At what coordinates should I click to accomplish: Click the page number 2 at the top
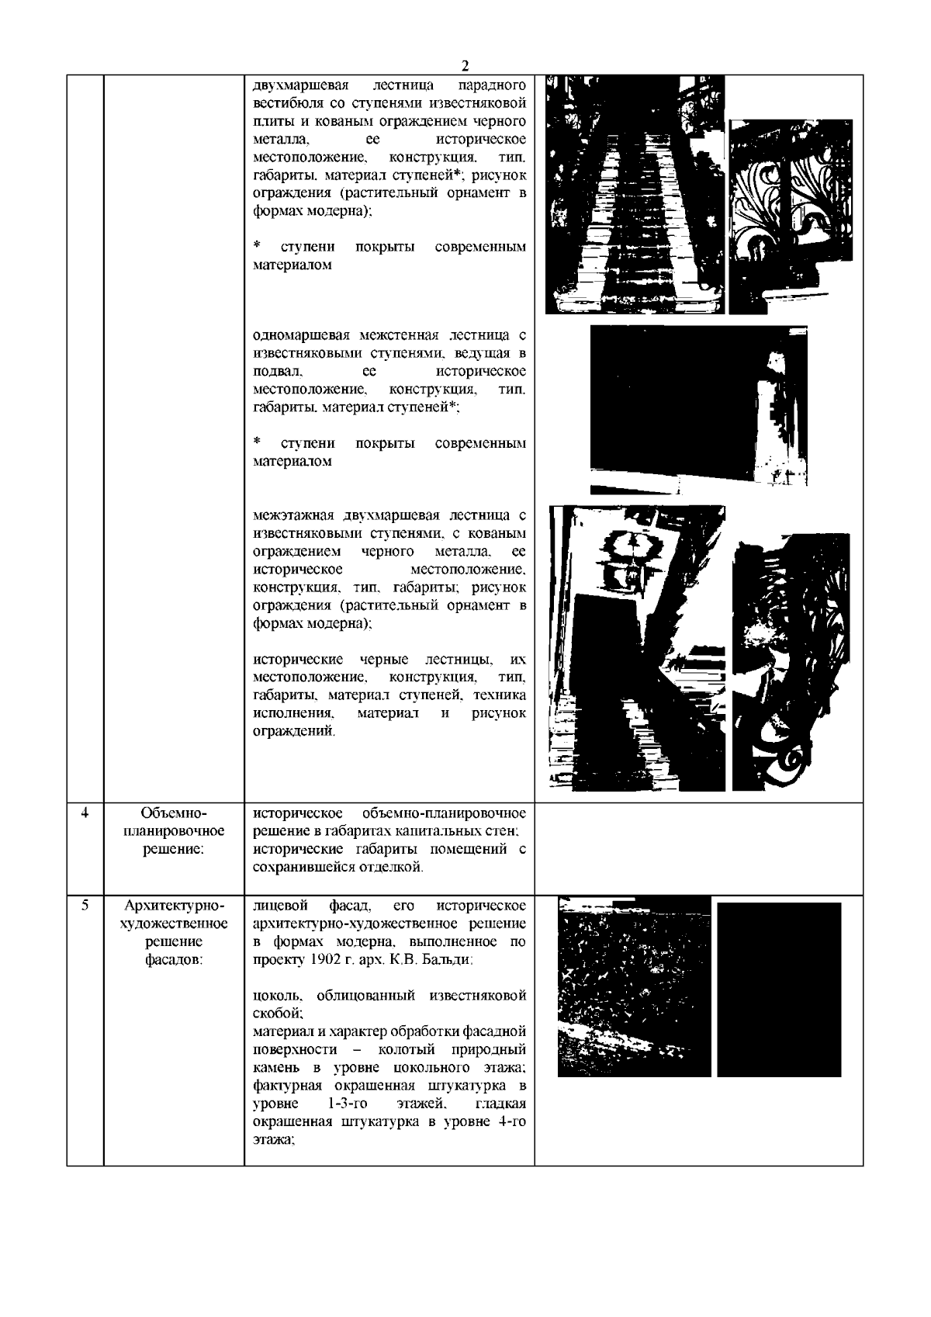coord(465,65)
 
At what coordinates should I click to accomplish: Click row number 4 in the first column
coord(85,813)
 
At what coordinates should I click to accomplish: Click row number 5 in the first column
coord(85,905)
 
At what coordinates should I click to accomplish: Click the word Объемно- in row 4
coord(174,813)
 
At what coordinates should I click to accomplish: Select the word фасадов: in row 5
coord(174,959)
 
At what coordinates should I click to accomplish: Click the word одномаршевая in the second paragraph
coord(303,336)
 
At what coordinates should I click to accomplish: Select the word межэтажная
coord(298,515)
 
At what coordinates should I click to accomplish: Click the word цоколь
coord(273,996)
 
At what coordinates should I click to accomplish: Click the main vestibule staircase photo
coord(635,194)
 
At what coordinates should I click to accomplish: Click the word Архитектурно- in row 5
coord(174,906)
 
